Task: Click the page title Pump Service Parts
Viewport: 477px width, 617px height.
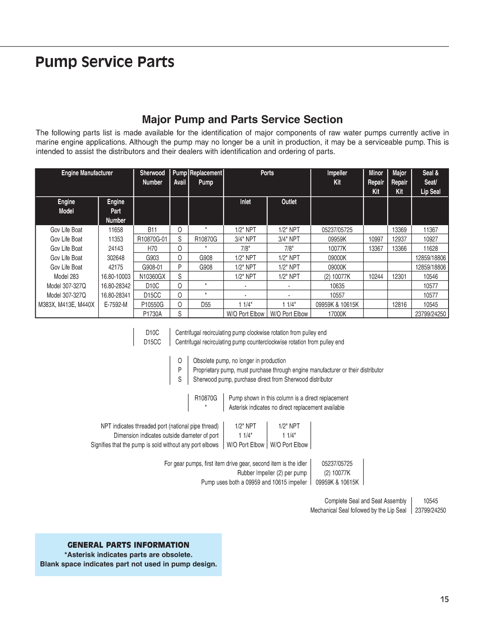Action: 105,62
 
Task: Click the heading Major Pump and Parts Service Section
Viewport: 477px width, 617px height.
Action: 242,119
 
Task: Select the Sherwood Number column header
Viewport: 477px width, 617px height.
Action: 152,177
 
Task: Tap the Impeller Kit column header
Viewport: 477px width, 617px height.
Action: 337,177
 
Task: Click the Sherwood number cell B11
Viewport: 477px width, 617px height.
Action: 152,230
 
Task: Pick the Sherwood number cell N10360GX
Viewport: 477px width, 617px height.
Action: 152,276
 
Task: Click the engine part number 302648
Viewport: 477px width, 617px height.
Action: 115,258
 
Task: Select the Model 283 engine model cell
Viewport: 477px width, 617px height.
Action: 66,276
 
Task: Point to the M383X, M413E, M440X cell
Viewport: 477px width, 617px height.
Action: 66,304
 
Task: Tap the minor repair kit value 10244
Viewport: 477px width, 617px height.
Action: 376,276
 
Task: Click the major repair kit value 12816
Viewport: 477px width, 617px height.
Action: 399,304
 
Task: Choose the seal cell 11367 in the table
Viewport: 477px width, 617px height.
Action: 431,230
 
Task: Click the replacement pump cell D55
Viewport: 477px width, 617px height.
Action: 206,304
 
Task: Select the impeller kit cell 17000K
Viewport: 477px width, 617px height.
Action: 337,314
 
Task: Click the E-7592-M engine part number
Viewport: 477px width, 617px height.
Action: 115,304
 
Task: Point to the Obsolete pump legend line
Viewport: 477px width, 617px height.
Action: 239,361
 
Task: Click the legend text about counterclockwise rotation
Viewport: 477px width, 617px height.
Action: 259,342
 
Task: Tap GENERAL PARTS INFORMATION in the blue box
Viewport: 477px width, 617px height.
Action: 128,545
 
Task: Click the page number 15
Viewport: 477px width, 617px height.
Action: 445,599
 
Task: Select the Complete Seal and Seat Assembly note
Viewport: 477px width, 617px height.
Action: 365,501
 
